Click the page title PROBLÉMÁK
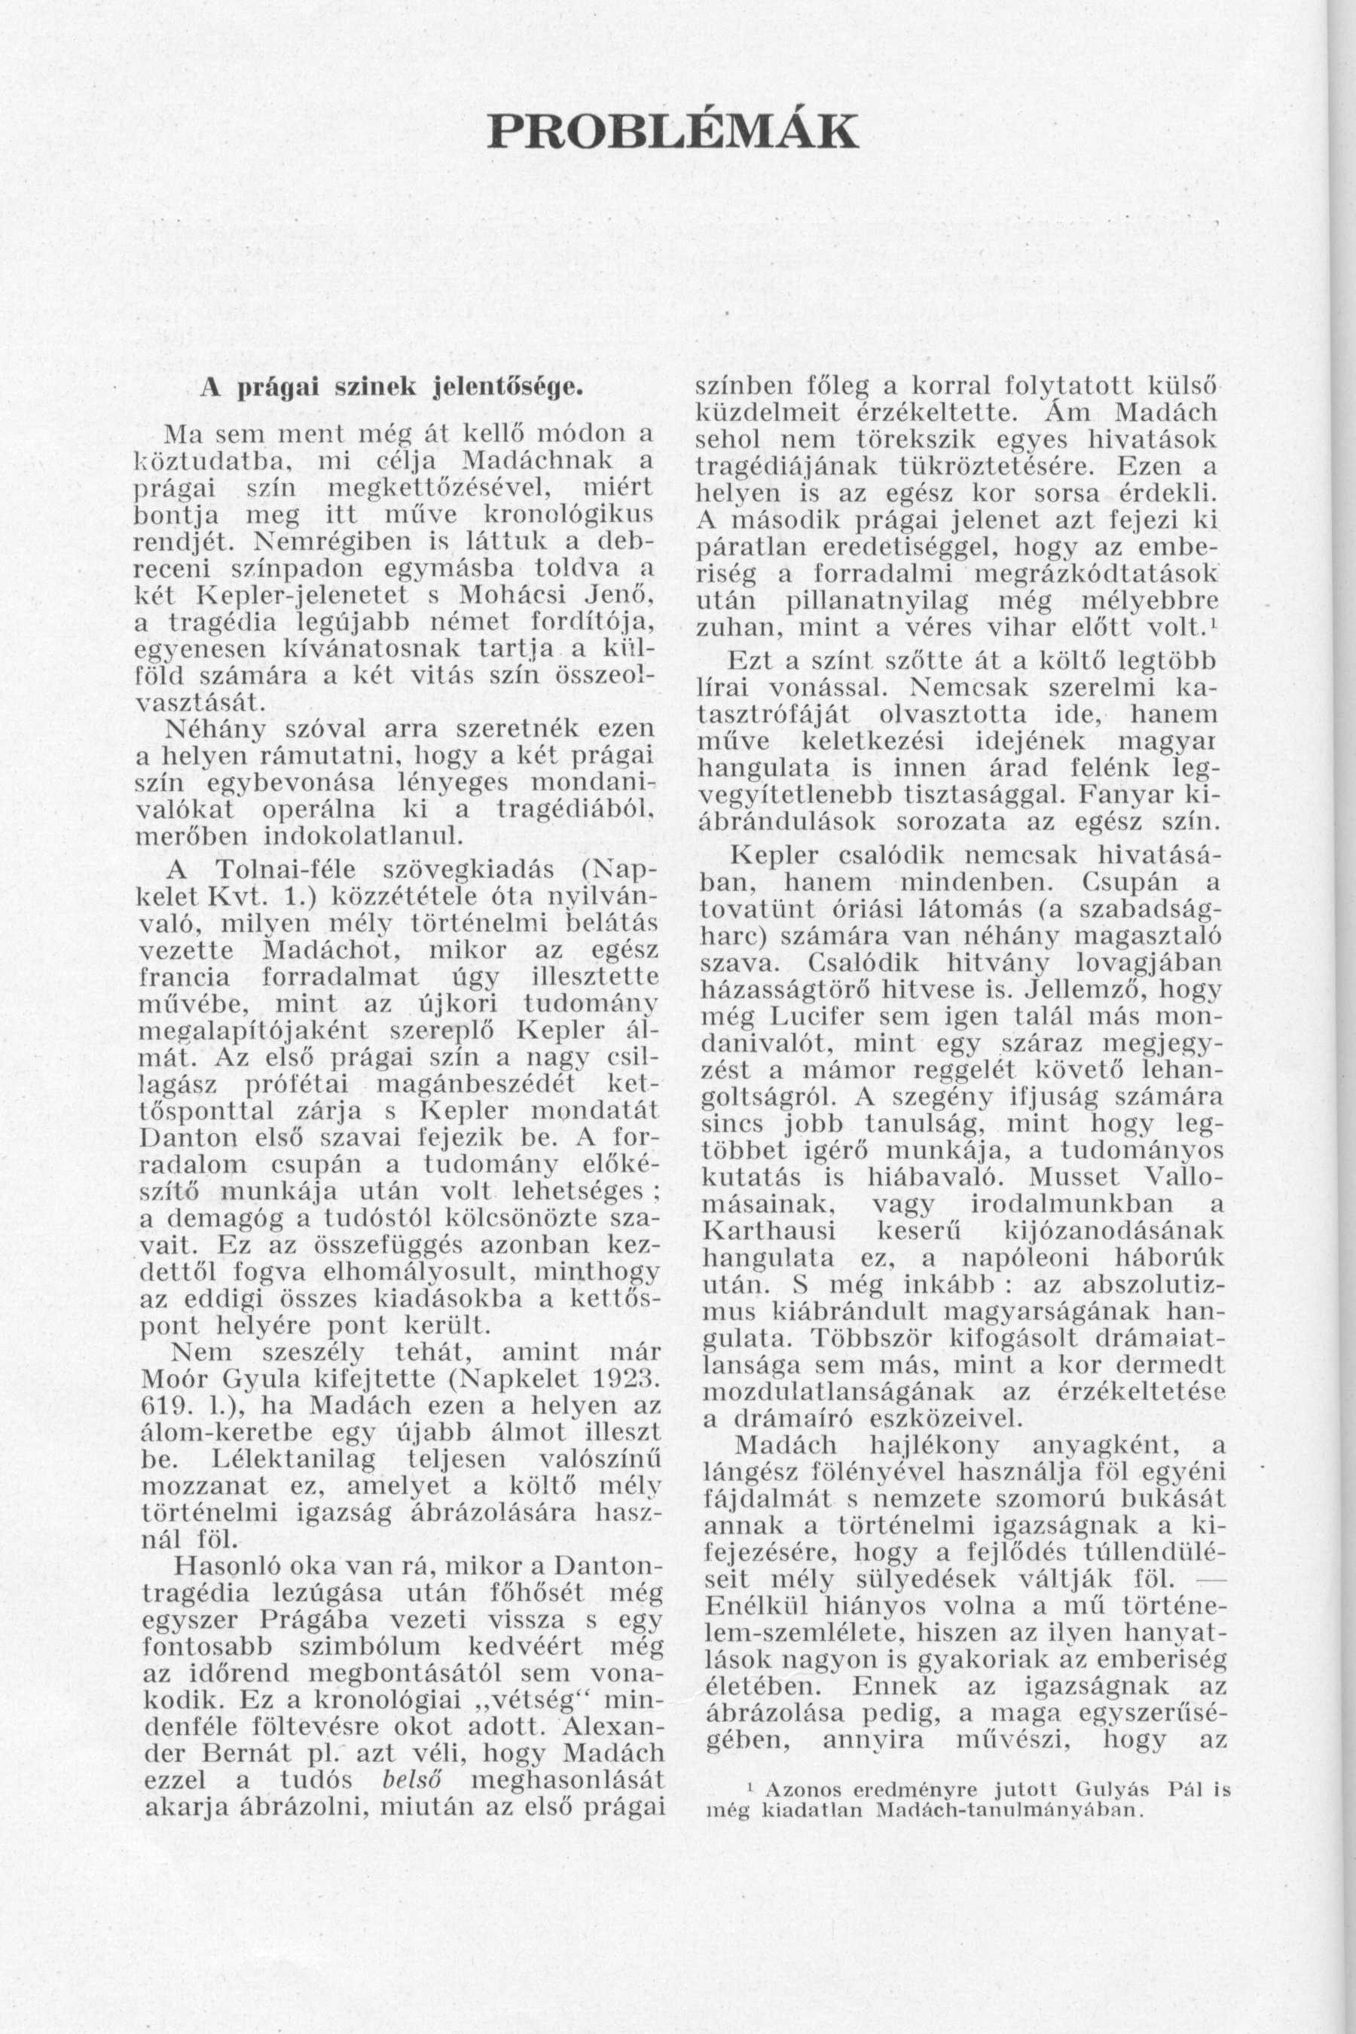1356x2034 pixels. pyautogui.click(x=673, y=131)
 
